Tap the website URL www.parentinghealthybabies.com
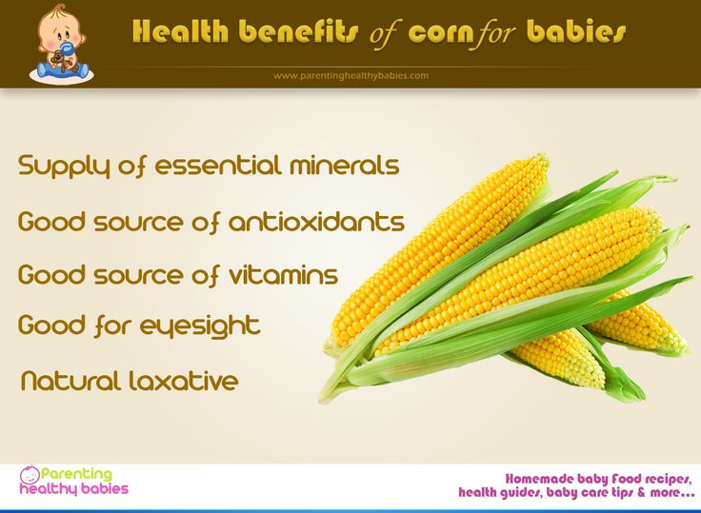tap(350, 75)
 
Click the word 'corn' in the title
tap(441, 32)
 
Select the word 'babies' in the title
tap(576, 31)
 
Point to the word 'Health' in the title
tap(180, 31)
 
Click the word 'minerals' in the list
tap(344, 165)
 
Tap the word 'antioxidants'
tap(316, 221)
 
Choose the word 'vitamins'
tap(284, 274)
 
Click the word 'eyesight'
tap(200, 326)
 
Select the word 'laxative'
tap(183, 381)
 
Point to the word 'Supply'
tap(64, 167)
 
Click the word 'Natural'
tap(70, 381)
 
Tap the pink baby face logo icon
tap(30, 475)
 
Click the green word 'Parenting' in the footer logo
tap(76, 474)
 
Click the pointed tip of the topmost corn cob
tap(545, 156)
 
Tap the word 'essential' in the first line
tap(218, 165)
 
